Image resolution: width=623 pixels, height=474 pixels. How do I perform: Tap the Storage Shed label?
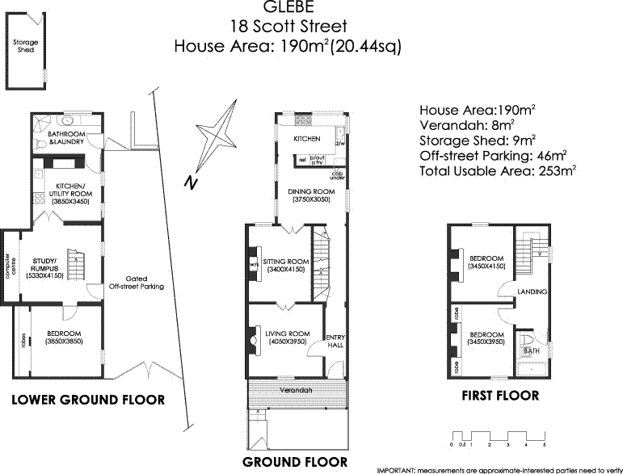[24, 47]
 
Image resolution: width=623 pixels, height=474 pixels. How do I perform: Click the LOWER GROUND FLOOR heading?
[88, 400]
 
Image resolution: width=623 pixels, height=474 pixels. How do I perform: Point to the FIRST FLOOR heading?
[500, 396]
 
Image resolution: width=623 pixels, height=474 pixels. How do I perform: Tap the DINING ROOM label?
[308, 194]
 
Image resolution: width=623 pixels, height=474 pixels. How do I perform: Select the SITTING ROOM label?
[287, 266]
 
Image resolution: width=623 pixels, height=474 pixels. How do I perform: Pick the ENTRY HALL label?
[335, 342]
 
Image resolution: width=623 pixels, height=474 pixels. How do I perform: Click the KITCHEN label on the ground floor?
[307, 140]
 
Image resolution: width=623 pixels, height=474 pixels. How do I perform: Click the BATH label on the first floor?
[531, 351]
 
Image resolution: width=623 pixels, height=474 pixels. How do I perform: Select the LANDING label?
[532, 292]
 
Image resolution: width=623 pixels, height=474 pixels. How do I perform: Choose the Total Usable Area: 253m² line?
[497, 171]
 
